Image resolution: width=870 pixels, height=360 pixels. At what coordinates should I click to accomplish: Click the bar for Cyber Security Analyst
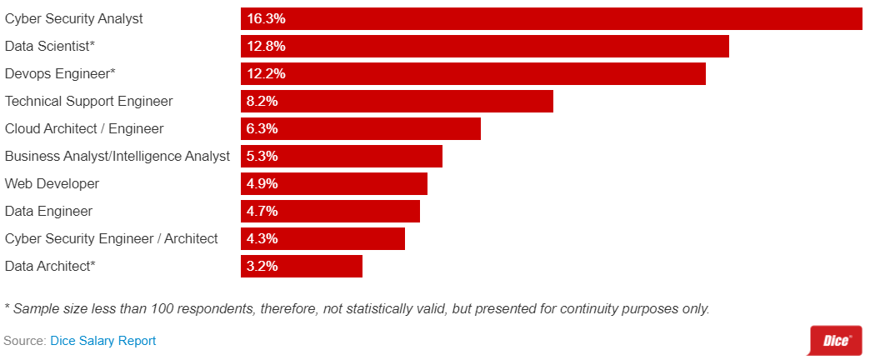(x=551, y=18)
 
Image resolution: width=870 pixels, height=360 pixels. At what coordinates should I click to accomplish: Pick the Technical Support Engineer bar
(x=397, y=101)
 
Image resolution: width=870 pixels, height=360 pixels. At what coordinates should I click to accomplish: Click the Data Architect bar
(x=302, y=266)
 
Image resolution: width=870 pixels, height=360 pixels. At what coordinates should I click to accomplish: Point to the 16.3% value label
(x=266, y=18)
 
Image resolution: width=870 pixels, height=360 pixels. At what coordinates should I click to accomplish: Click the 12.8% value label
(x=266, y=46)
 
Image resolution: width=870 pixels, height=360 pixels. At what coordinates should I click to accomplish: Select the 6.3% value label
(x=262, y=128)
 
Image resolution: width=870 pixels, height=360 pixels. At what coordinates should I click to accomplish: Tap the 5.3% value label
(x=262, y=156)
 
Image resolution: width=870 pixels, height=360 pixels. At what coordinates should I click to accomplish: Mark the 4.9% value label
(x=262, y=183)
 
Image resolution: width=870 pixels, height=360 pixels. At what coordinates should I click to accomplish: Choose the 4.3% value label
(x=262, y=238)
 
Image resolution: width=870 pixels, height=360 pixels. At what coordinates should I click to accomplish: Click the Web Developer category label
(x=52, y=183)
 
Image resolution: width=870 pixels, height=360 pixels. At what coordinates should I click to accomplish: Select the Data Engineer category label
(x=48, y=211)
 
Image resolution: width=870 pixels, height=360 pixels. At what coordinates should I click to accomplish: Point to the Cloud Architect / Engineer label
(x=84, y=128)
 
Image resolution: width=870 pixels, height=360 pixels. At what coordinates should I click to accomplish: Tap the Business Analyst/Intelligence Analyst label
(x=117, y=156)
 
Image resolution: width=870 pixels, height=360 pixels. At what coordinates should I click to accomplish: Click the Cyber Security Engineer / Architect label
(x=112, y=238)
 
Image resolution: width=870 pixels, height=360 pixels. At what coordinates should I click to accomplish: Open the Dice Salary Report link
(x=103, y=341)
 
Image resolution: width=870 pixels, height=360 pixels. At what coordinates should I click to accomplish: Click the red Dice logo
(x=836, y=340)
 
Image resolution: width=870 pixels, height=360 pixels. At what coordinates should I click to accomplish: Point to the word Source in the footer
(x=23, y=341)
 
